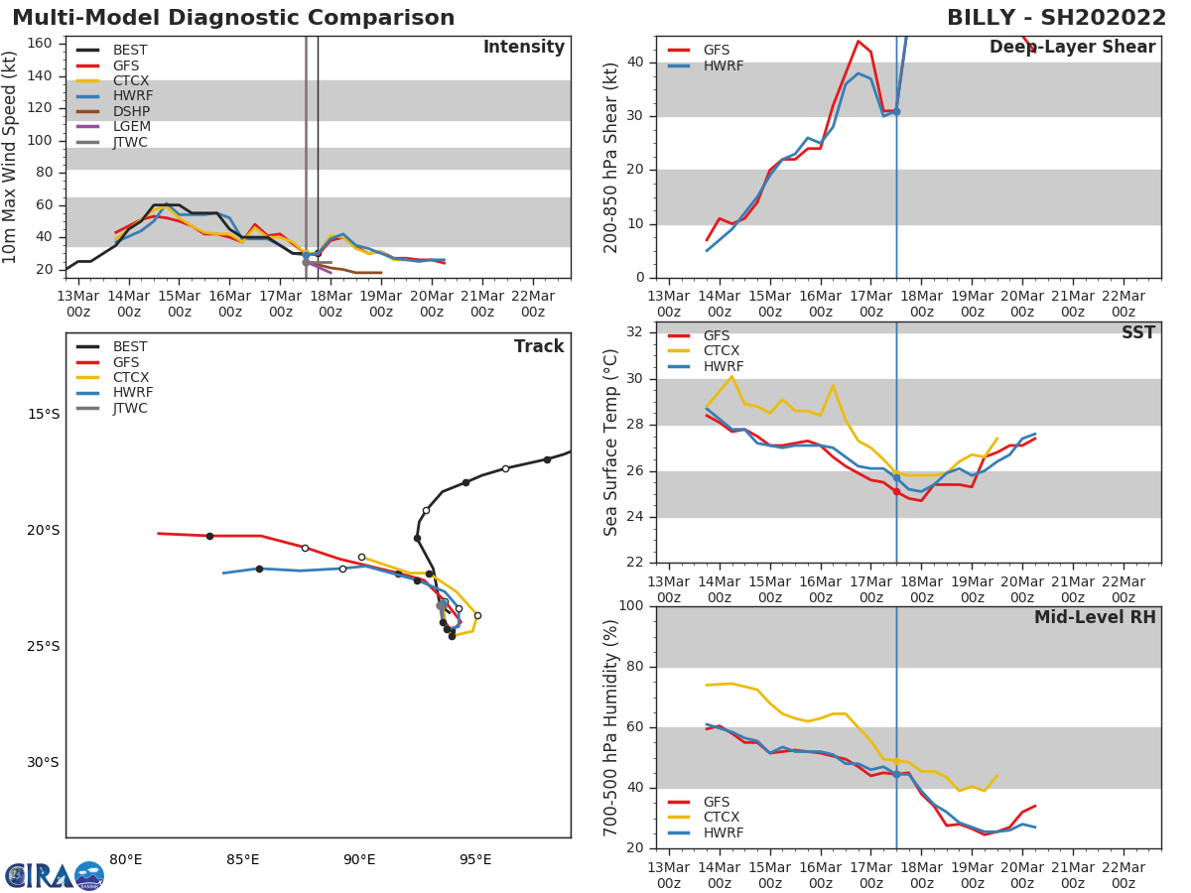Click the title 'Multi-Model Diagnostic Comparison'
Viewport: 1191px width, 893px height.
tap(233, 18)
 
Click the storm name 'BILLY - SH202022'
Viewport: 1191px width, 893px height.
tap(1056, 18)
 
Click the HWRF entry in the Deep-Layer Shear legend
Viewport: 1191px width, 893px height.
tap(723, 65)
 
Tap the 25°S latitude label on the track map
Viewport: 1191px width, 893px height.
tap(44, 646)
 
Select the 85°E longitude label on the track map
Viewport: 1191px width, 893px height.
tap(242, 859)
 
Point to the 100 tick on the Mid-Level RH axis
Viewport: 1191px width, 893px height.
tap(632, 606)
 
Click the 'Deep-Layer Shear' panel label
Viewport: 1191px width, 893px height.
tap(1072, 48)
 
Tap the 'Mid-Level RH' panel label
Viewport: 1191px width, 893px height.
tap(1095, 618)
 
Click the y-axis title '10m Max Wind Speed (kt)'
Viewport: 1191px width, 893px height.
tap(11, 157)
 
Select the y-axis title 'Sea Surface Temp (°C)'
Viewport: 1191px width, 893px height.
tap(611, 443)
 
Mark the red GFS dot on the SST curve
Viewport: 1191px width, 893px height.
tap(896, 491)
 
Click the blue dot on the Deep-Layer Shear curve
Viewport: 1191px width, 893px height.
tap(896, 111)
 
